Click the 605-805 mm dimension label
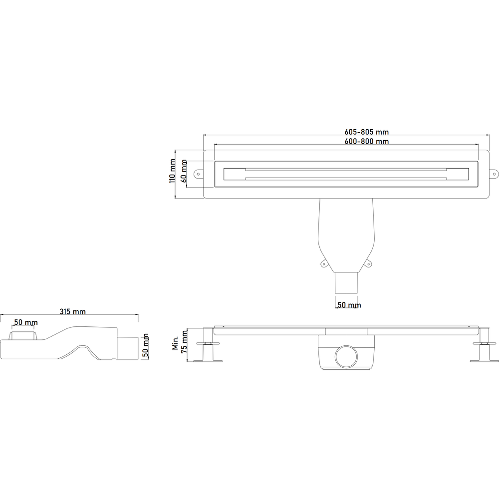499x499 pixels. [367, 132]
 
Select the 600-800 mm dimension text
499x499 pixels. [367, 141]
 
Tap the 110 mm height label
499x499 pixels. [172, 171]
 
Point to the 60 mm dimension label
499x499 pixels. [184, 171]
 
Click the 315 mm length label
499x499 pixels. [73, 311]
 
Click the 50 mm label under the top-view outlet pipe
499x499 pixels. [349, 305]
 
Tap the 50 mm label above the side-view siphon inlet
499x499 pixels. [26, 322]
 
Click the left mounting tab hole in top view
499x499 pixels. [198, 174]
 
